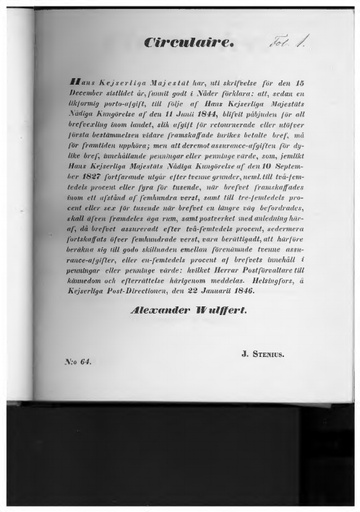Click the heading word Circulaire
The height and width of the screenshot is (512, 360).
[176, 43]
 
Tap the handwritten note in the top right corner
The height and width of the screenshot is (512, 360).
[289, 41]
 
